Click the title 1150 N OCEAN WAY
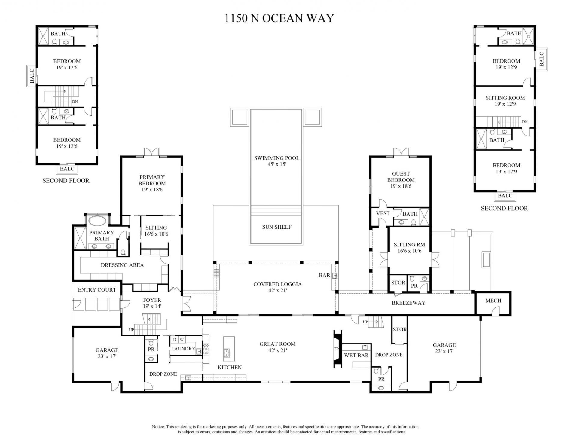279,18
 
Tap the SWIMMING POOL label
276,158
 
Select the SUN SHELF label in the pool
276,227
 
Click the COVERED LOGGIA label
277,284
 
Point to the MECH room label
493,301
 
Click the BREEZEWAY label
408,303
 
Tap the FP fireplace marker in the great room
336,349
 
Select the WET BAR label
356,356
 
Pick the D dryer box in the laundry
175,340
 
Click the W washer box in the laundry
182,340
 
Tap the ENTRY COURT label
97,290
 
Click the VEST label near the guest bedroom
383,213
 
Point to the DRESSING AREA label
122,265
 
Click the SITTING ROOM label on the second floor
505,98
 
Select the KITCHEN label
229,367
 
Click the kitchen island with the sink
229,349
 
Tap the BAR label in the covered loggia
324,275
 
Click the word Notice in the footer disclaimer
158,427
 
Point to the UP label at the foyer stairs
131,330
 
